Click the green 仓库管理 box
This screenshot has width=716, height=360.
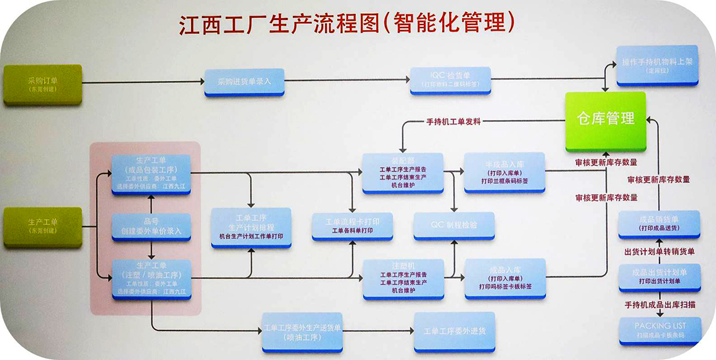[x=605, y=119]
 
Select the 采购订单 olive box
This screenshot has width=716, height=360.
[x=43, y=84]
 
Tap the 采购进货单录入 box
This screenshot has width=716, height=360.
[x=244, y=82]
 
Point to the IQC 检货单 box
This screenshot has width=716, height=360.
[x=450, y=80]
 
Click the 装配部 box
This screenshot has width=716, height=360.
[x=403, y=173]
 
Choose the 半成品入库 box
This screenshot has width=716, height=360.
[x=504, y=172]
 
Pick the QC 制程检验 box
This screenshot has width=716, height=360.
[x=453, y=225]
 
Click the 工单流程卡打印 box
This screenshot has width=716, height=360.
[x=352, y=226]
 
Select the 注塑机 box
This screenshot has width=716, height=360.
[x=403, y=278]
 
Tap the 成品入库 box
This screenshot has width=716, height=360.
[x=504, y=278]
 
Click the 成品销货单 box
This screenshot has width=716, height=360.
[x=658, y=224]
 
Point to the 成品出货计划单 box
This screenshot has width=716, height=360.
[x=659, y=276]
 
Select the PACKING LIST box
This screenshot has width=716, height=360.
[x=659, y=330]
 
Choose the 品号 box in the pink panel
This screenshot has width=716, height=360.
[x=151, y=226]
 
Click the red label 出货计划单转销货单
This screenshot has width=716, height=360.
[x=659, y=252]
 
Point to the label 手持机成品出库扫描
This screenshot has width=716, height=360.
[x=659, y=305]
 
